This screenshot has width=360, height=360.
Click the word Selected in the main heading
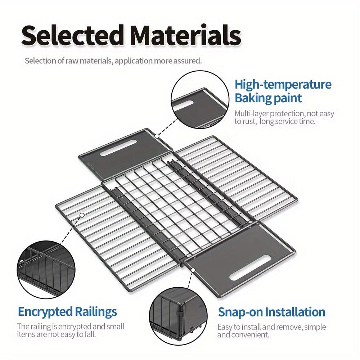72,35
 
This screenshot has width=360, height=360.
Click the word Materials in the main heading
185,35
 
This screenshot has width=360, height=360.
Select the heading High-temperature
283,85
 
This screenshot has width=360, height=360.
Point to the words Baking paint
268,98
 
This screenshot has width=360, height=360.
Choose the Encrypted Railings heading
67,311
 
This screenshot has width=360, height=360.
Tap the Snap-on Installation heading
271,312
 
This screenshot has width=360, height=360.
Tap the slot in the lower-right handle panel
250,268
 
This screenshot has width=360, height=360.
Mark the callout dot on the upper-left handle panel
157,136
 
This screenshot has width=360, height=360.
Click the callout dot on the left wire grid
82,215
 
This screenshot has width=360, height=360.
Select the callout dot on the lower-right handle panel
193,270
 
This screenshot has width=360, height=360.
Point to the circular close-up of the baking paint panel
200,99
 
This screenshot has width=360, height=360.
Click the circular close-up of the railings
46,270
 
